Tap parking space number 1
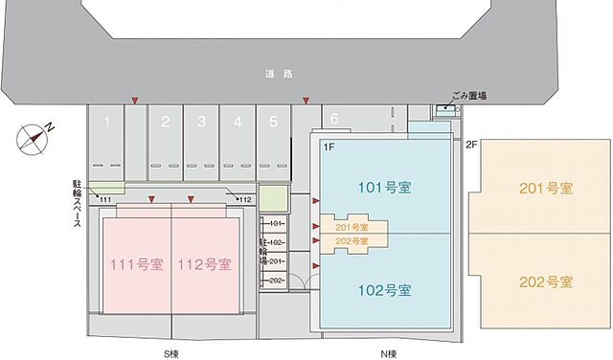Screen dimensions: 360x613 (108, 122)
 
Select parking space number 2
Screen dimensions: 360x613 (165, 122)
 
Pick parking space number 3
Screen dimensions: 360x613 (201, 122)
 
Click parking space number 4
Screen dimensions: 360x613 (237, 122)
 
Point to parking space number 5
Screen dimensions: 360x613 (273, 122)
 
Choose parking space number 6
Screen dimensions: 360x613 (334, 118)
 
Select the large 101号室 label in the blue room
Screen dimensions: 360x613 (384, 186)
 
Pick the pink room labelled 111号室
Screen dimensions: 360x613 (137, 264)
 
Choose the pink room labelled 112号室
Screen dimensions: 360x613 (205, 264)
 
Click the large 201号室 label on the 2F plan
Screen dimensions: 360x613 (545, 187)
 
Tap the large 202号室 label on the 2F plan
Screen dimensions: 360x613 (545, 282)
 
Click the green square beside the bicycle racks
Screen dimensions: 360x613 (273, 201)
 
